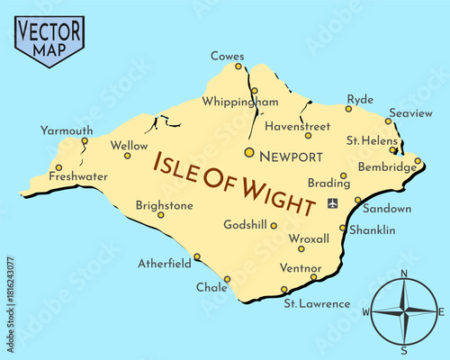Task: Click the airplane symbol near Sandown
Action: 334,202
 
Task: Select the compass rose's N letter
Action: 403,274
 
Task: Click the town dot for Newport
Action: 249,152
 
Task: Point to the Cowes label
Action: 227,56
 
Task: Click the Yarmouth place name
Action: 67,130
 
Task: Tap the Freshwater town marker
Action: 58,167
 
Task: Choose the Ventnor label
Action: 301,268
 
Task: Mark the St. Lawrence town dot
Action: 284,290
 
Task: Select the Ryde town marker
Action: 348,109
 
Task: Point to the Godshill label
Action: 245,225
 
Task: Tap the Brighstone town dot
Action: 161,215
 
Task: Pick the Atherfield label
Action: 165,264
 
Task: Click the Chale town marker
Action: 227,279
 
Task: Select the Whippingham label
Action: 240,102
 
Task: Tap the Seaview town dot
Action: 389,121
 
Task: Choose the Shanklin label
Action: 372,230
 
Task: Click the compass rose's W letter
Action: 366,312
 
